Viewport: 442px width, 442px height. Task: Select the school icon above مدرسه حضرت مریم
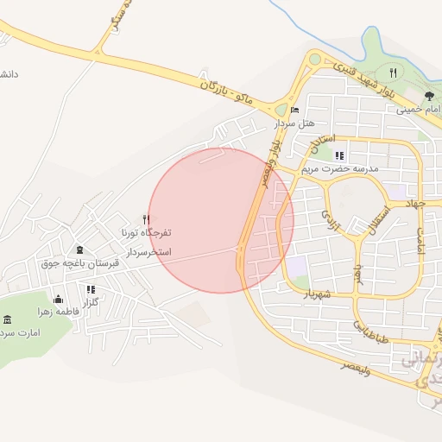pyautogui.click(x=339, y=155)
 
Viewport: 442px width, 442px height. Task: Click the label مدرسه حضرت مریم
pyautogui.click(x=340, y=169)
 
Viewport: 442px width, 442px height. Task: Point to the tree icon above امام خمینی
pyautogui.click(x=429, y=97)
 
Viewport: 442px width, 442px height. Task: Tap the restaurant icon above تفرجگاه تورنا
pyautogui.click(x=146, y=220)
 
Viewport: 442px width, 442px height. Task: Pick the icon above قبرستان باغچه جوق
pyautogui.click(x=79, y=249)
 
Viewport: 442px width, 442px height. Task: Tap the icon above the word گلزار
pyautogui.click(x=90, y=290)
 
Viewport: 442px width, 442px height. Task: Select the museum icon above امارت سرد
pyautogui.click(x=9, y=320)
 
